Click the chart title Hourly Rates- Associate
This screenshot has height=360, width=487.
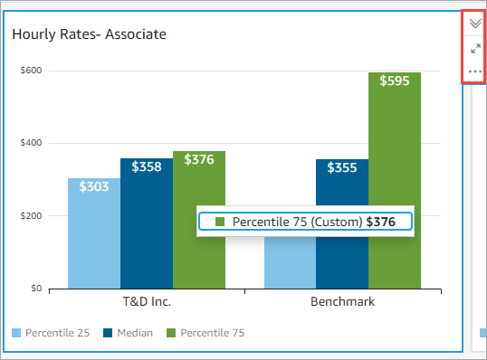pos(88,34)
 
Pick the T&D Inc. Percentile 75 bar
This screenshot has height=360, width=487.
pos(198,190)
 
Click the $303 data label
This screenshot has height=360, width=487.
pos(94,186)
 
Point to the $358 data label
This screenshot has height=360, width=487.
pos(147,166)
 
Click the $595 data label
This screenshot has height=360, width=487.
pos(395,81)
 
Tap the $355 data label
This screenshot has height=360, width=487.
pos(342,167)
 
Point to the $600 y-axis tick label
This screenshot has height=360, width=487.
pos(32,71)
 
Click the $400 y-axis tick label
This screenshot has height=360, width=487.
pos(32,143)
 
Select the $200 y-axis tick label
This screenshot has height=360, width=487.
pos(32,216)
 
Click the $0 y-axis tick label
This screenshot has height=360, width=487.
pos(36,289)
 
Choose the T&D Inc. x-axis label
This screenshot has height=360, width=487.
pos(146,302)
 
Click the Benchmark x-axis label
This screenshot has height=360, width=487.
pos(342,302)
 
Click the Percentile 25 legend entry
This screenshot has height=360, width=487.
pos(51,333)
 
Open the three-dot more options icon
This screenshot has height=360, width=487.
pos(474,71)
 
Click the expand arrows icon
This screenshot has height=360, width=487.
pos(474,48)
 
